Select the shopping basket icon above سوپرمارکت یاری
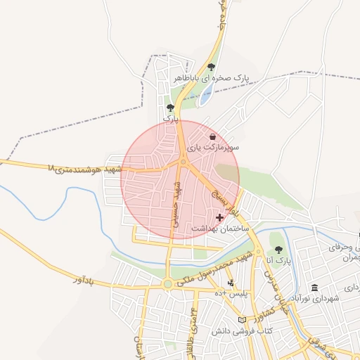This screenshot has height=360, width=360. click(x=213, y=136)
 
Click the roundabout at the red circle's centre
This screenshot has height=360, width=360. click(x=183, y=163)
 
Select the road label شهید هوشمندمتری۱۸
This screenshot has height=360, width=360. click(x=84, y=169)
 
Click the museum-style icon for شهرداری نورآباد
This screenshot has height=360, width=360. click(x=314, y=288)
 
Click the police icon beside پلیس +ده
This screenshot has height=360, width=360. click(x=231, y=283)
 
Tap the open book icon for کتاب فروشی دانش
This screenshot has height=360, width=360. click(x=243, y=320)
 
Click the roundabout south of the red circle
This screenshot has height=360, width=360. click(x=167, y=284)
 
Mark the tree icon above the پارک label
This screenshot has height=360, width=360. click(x=169, y=108)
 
